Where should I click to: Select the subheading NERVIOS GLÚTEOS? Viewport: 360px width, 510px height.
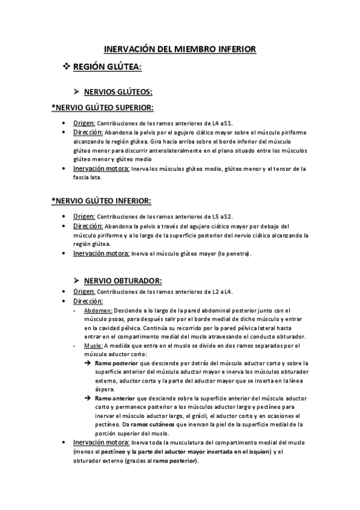tap(118, 92)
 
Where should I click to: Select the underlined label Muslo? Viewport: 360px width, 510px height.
tap(93, 346)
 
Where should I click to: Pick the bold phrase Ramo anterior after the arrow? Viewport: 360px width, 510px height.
tap(115, 399)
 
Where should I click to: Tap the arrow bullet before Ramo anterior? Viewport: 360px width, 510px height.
tap(88, 399)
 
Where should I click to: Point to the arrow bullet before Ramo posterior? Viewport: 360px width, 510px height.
tap(88, 363)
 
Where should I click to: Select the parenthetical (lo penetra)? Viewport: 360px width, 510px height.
tap(231, 254)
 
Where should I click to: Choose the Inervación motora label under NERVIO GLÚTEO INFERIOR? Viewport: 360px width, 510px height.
tap(101, 254)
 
